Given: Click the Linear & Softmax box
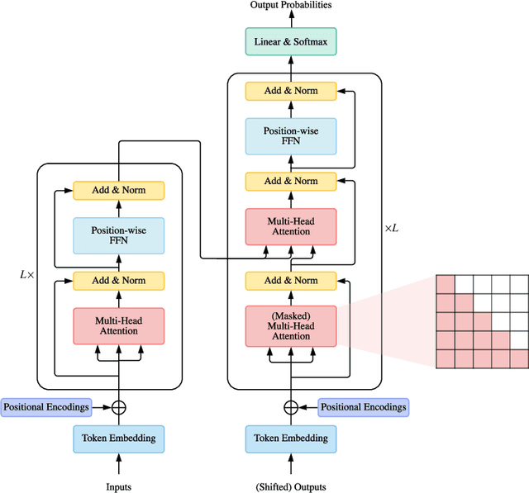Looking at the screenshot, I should (290, 41).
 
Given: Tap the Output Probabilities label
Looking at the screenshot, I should (290, 6).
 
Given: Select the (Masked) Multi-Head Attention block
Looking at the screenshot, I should (290, 325).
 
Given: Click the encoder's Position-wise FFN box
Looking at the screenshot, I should (119, 236).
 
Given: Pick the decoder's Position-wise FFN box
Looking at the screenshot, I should (290, 135).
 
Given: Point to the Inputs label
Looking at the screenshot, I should (119, 486).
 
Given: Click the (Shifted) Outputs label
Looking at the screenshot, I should (290, 486).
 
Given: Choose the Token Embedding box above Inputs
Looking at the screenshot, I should (119, 438).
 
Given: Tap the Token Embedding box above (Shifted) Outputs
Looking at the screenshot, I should (290, 438).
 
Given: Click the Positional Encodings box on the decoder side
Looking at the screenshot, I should (364, 407).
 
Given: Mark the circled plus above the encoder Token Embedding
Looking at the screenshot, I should (119, 407).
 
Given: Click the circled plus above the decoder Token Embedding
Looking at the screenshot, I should (290, 407).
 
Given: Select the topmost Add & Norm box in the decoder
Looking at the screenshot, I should (290, 90).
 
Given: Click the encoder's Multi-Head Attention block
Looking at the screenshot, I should (119, 325).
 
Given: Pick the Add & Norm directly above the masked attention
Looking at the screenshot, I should (290, 281).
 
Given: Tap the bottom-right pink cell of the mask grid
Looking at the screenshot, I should (518, 358).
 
